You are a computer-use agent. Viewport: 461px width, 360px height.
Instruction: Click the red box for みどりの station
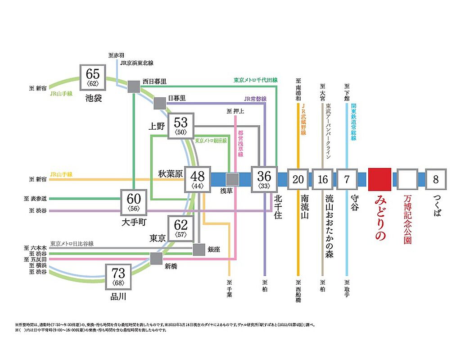click(x=380, y=179)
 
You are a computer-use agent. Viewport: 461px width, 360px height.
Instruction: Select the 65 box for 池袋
click(x=93, y=77)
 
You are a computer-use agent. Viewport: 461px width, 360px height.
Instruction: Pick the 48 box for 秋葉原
click(x=198, y=179)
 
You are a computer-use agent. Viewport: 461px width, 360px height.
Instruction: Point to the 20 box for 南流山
click(x=298, y=179)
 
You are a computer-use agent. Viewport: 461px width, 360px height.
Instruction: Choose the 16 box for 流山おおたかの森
click(x=322, y=179)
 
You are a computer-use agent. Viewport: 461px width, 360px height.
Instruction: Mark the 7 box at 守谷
click(x=347, y=179)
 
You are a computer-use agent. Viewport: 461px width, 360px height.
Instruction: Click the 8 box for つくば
click(x=435, y=179)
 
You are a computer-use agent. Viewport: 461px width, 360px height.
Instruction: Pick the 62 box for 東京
click(x=181, y=228)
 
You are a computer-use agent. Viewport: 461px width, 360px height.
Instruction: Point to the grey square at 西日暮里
click(x=133, y=87)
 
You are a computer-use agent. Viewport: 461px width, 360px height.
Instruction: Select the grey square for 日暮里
click(x=160, y=103)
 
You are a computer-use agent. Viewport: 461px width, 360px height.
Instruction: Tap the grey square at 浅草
click(x=232, y=179)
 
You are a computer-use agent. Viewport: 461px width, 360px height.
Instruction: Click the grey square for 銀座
click(x=199, y=250)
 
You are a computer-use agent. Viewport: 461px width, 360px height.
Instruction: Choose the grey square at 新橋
click(x=156, y=258)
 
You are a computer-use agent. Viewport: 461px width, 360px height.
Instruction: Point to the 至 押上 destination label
click(x=235, y=111)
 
